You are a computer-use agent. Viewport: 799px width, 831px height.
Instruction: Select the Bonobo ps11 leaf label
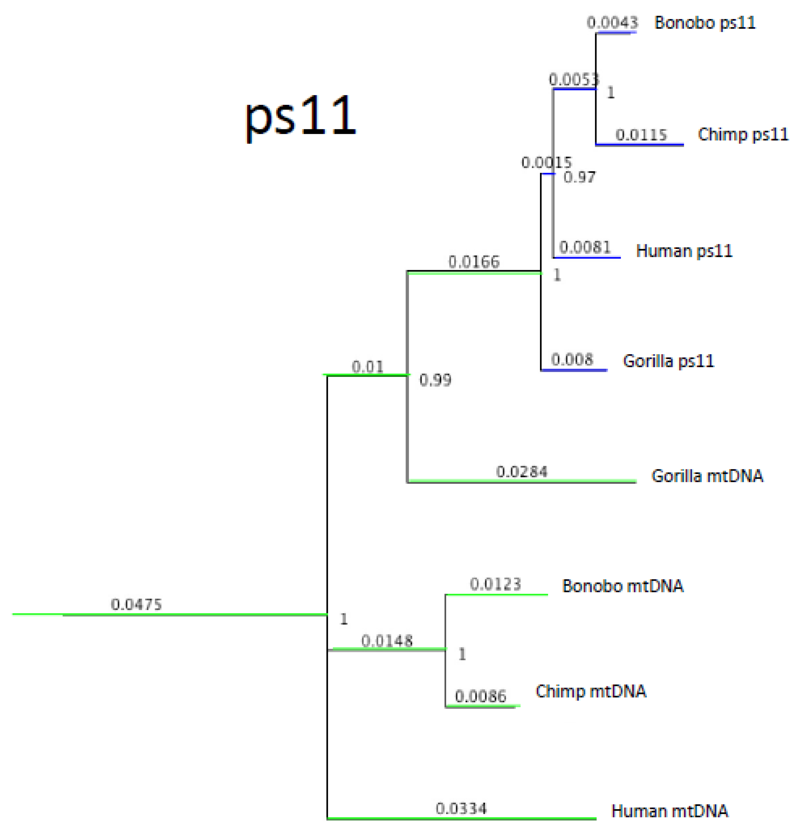pyautogui.click(x=705, y=23)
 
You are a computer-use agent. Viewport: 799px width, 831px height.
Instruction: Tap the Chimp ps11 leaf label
pyautogui.click(x=743, y=134)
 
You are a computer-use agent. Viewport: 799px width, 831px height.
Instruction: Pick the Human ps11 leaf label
pyautogui.click(x=684, y=251)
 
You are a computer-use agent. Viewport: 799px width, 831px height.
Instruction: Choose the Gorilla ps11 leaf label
pyautogui.click(x=668, y=361)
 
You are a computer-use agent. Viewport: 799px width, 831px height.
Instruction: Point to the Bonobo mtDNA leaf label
pyautogui.click(x=622, y=586)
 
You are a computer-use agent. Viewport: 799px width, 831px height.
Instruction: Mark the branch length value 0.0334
pyautogui.click(x=461, y=809)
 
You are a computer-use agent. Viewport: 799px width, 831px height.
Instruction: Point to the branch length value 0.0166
pyautogui.click(x=474, y=262)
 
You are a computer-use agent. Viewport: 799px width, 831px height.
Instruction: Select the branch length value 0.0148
pyautogui.click(x=387, y=641)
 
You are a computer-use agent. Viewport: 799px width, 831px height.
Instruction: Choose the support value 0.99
pyautogui.click(x=435, y=380)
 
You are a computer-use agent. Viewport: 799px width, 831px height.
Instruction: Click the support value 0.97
pyautogui.click(x=579, y=177)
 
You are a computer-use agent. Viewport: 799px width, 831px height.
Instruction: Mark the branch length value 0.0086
pyautogui.click(x=480, y=696)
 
